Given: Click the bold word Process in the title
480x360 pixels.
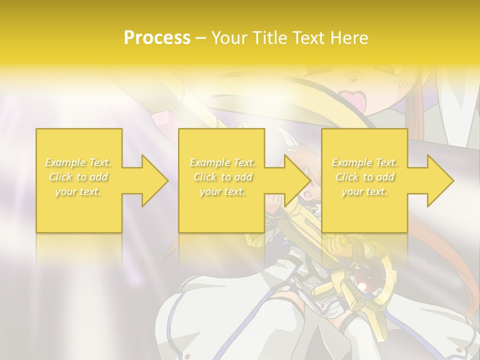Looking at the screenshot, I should pyautogui.click(x=157, y=38).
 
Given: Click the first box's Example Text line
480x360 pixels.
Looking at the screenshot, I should pyautogui.click(x=78, y=162).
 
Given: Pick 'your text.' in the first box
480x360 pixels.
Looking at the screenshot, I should pyautogui.click(x=78, y=191).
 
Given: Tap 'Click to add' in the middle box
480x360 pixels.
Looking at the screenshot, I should pyautogui.click(x=222, y=177).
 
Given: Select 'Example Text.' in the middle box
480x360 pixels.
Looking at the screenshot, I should pyautogui.click(x=222, y=162).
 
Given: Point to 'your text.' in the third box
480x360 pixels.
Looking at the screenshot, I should pyautogui.click(x=364, y=191).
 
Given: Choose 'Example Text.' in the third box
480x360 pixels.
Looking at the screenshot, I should pyautogui.click(x=364, y=162).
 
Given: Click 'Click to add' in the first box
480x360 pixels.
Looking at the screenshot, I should pyautogui.click(x=78, y=177).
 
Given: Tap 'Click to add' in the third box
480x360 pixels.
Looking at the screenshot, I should pyautogui.click(x=364, y=177).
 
